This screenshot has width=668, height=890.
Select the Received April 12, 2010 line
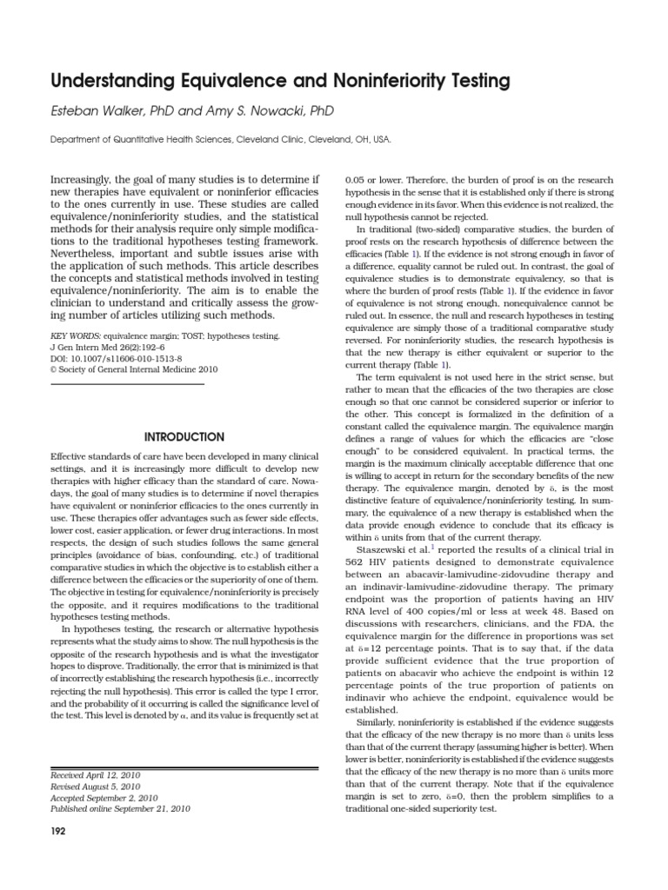(x=96, y=775)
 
